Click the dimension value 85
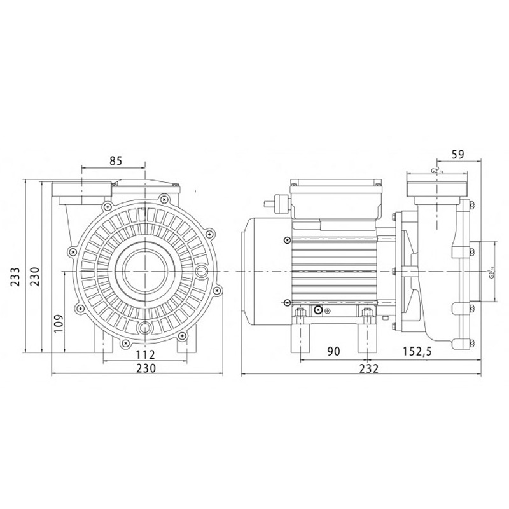coord(115,161)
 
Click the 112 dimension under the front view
coord(146,354)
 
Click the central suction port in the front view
coord(145,272)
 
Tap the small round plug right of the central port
coord(202,272)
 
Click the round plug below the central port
coord(146,328)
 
